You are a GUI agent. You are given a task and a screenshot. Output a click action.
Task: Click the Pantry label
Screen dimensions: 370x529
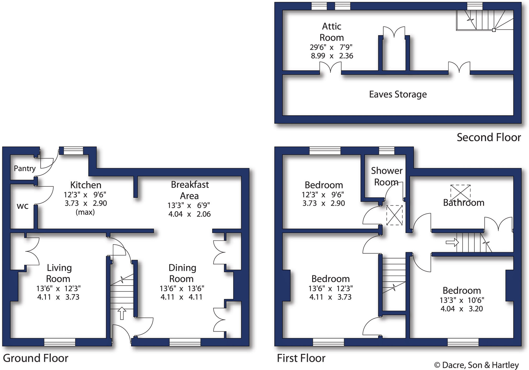click(25, 168)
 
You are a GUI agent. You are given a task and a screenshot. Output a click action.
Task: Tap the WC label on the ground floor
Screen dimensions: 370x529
click(22, 206)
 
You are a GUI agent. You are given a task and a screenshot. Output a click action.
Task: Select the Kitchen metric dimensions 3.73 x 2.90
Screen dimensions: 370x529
click(86, 203)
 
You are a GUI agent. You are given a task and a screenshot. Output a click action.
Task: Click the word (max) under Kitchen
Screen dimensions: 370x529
click(85, 212)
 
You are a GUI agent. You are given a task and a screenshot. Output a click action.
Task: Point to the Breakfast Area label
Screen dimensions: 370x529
click(190, 190)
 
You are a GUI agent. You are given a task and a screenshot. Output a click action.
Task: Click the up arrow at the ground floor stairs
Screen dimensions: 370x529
click(122, 313)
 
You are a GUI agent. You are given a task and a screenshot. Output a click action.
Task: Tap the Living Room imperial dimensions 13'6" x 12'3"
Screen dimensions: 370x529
click(58, 289)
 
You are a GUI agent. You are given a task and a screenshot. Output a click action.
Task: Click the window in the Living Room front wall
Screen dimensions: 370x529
click(60, 342)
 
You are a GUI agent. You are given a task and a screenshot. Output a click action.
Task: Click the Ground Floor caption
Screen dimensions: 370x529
click(36, 358)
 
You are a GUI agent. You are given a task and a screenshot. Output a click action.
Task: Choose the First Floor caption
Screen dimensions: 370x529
click(301, 358)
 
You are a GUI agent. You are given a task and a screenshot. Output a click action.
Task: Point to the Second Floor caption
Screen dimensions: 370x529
click(489, 137)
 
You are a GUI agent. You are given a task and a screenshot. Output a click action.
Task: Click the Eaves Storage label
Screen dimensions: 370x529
click(398, 94)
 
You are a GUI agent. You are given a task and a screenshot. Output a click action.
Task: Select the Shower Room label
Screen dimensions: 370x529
click(386, 176)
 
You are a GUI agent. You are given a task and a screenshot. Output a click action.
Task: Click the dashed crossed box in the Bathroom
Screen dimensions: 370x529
click(460, 192)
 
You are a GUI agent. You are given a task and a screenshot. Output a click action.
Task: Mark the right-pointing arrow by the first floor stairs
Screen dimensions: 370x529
click(452, 243)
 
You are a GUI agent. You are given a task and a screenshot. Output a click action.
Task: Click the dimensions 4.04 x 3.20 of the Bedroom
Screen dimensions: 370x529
click(462, 309)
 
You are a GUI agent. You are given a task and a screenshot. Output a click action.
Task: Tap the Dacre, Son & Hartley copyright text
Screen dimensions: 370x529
click(476, 365)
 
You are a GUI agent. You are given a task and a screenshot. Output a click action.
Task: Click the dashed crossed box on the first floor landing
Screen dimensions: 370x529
click(394, 215)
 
